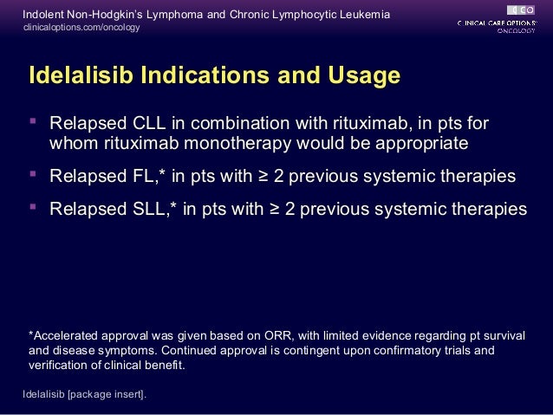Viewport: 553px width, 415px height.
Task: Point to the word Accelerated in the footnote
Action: pyautogui.click(x=67, y=336)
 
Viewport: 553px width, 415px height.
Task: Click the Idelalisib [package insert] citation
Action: pyautogui.click(x=84, y=395)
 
